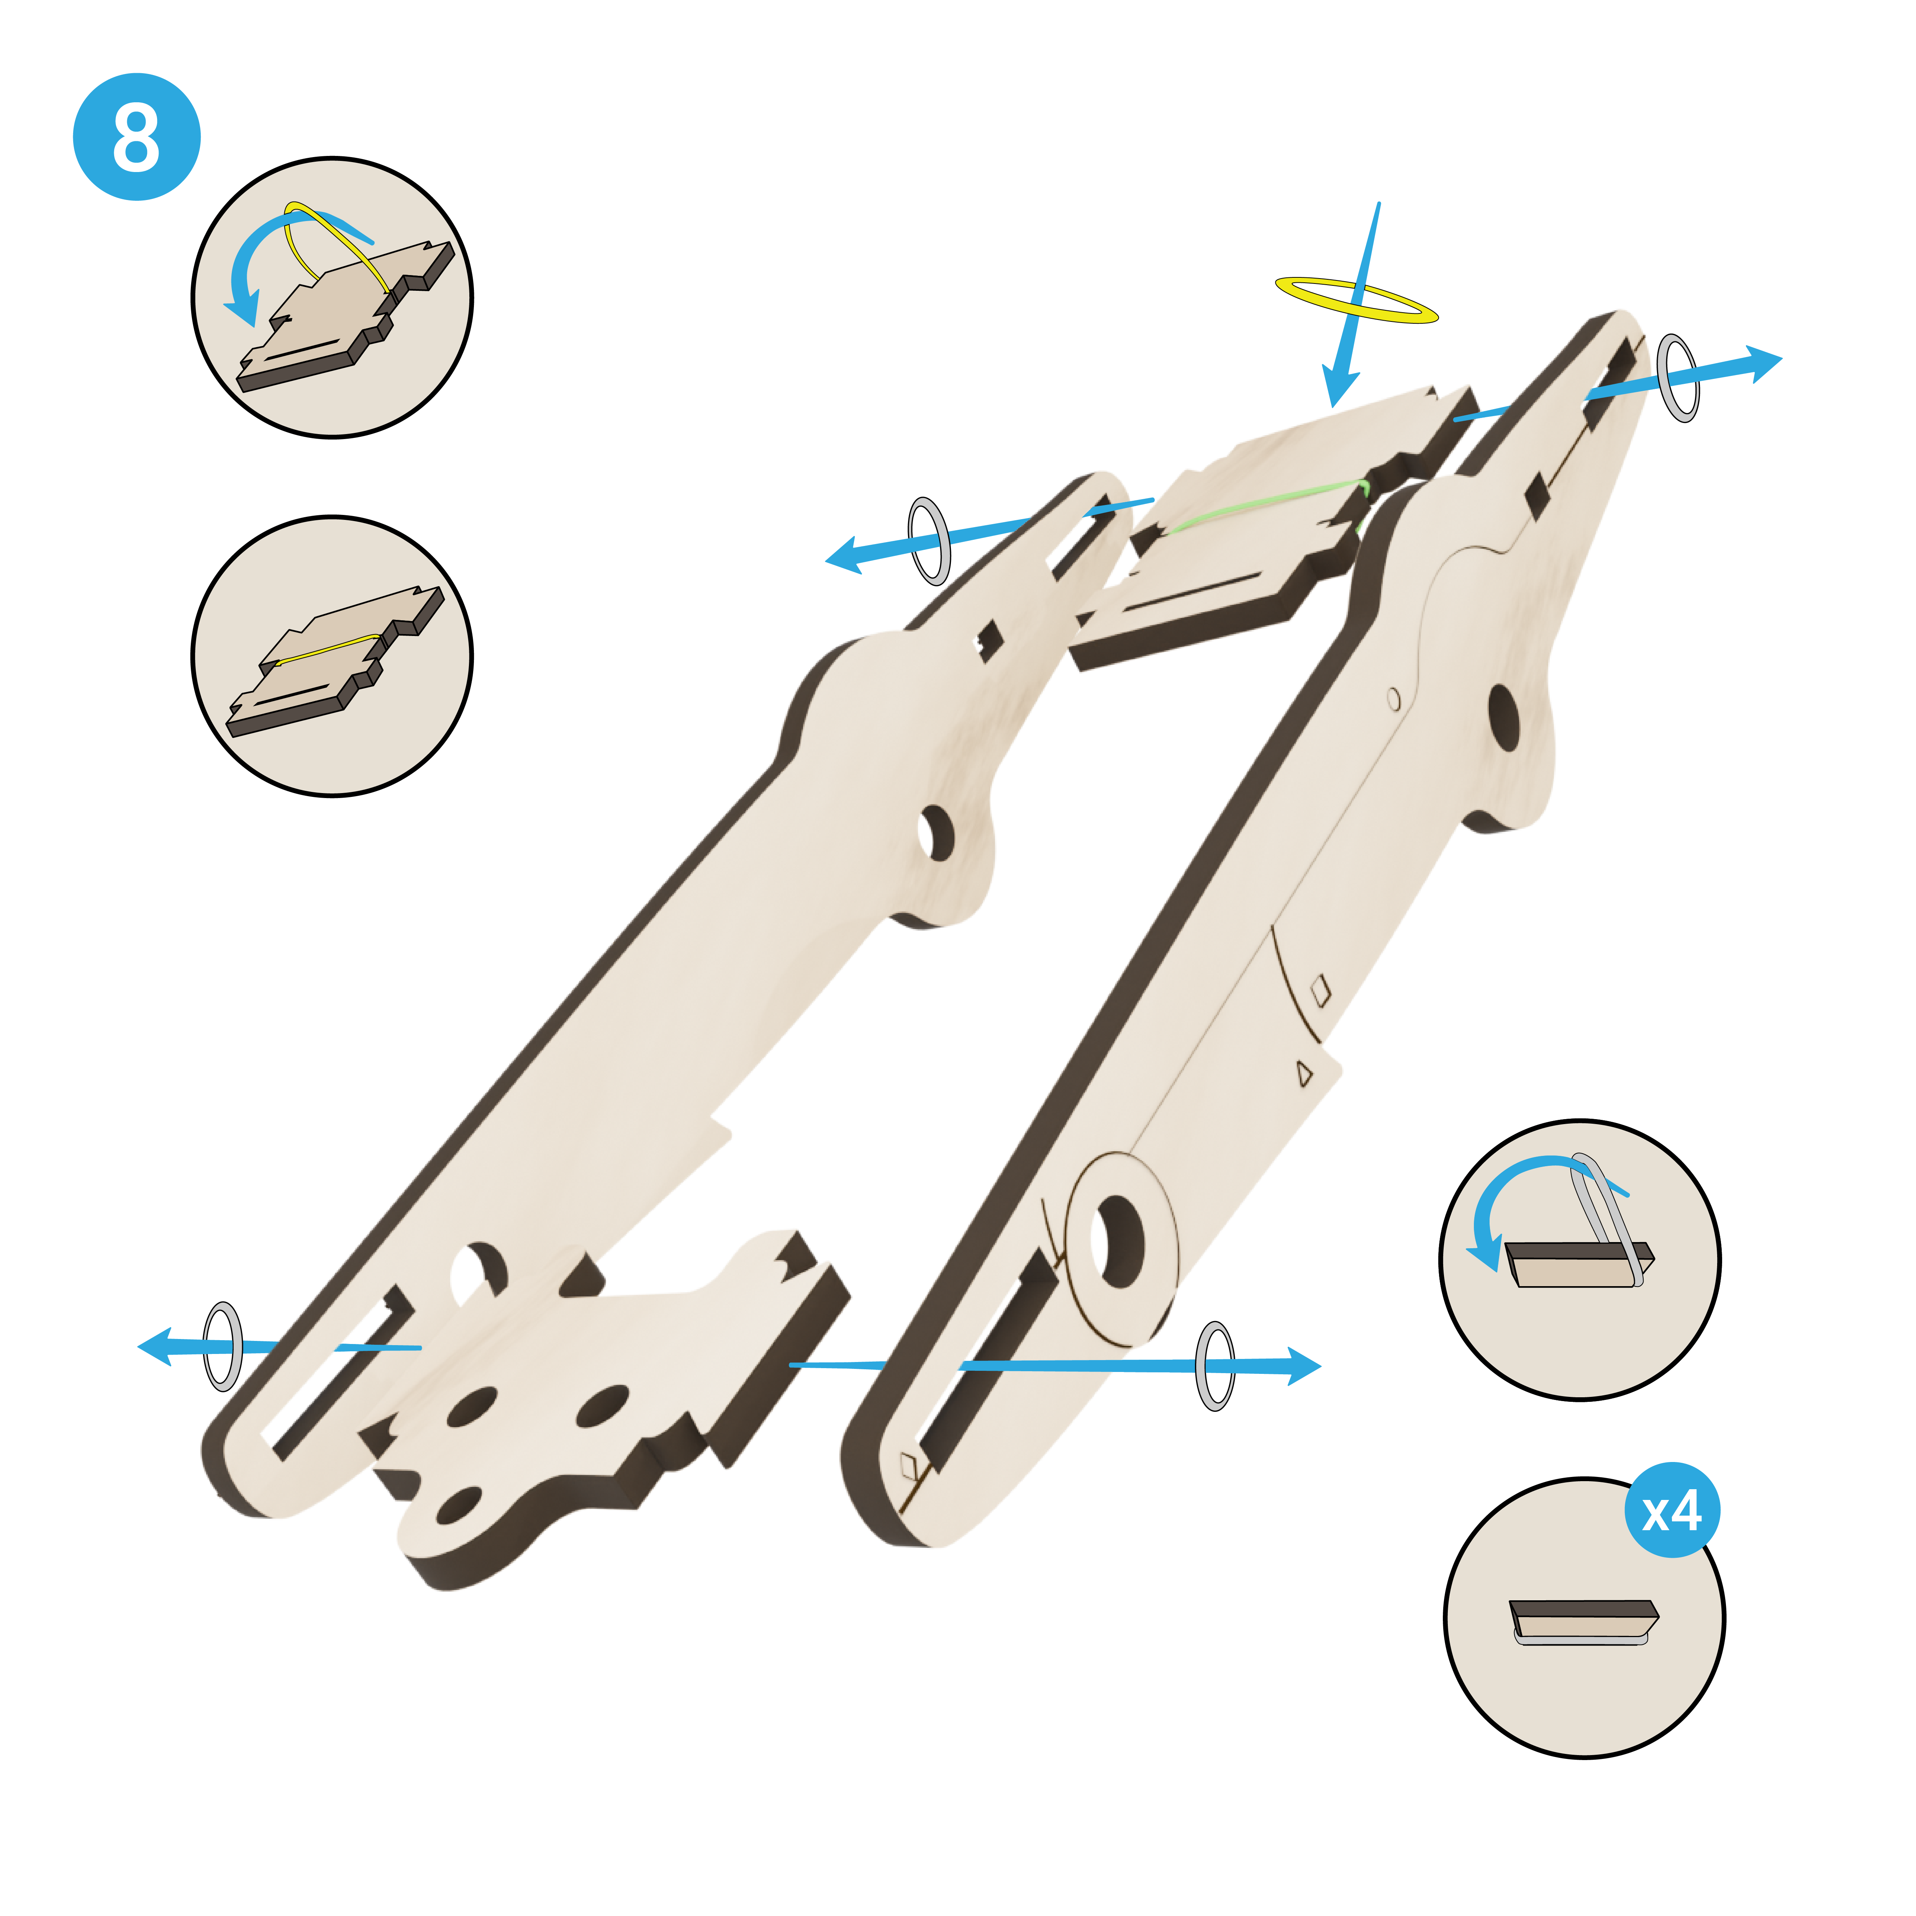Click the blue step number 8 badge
point(137,137)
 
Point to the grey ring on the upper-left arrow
point(929,541)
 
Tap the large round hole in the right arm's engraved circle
point(1118,1242)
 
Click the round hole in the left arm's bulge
point(934,833)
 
